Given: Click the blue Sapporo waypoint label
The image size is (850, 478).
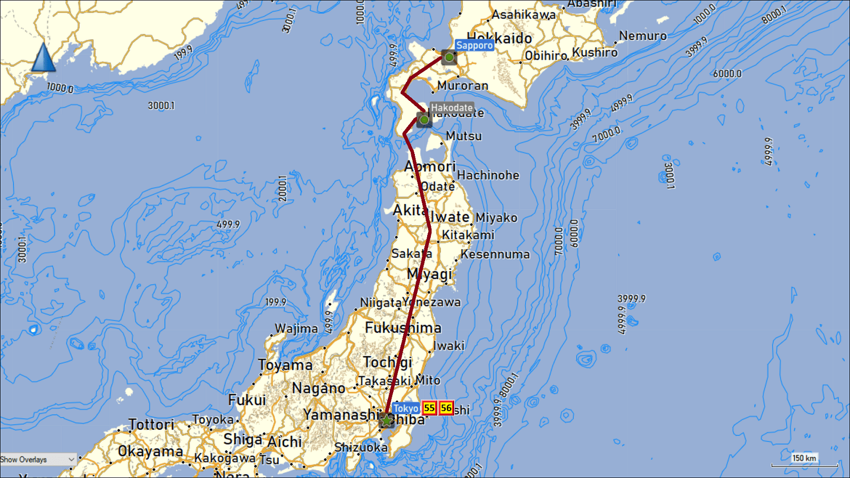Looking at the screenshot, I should pyautogui.click(x=474, y=45).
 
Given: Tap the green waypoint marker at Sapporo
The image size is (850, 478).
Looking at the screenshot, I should pyautogui.click(x=449, y=57).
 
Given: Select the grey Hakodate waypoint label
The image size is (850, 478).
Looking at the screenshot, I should pyautogui.click(x=452, y=108).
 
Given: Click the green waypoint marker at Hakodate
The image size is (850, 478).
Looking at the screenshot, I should pyautogui.click(x=424, y=120).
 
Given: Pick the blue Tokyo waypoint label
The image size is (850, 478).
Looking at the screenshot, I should pyautogui.click(x=406, y=408).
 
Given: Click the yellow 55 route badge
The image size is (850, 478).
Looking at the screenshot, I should pyautogui.click(x=429, y=408).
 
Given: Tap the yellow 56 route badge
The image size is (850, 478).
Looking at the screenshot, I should pyautogui.click(x=446, y=408).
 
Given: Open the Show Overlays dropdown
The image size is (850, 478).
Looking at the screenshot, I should pyautogui.click(x=38, y=459).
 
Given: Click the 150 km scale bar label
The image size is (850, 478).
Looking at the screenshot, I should pyautogui.click(x=804, y=458).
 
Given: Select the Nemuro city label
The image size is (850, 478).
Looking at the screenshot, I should pyautogui.click(x=643, y=36).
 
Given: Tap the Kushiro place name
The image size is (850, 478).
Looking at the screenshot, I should pyautogui.click(x=594, y=53).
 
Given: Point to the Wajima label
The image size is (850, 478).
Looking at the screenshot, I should pyautogui.click(x=296, y=329).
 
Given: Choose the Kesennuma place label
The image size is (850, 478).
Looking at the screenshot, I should pyautogui.click(x=495, y=254).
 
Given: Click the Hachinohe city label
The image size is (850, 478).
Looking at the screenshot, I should pyautogui.click(x=488, y=175).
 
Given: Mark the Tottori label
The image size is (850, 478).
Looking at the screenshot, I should pyautogui.click(x=151, y=424).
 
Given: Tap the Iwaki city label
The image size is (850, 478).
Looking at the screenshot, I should pyautogui.click(x=449, y=346).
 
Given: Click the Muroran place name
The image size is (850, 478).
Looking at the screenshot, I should pyautogui.click(x=462, y=86).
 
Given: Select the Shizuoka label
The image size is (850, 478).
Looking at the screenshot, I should pyautogui.click(x=361, y=447).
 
